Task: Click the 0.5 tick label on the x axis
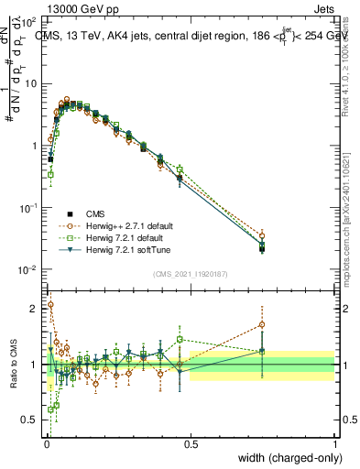point(191,444)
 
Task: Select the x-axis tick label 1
point(335,444)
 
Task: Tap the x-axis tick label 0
point(46,444)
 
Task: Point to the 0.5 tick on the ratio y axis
point(30,420)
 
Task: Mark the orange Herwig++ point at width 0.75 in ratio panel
point(262,324)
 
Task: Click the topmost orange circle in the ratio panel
point(50,305)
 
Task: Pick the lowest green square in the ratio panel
point(50,409)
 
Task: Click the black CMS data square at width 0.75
point(262,248)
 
